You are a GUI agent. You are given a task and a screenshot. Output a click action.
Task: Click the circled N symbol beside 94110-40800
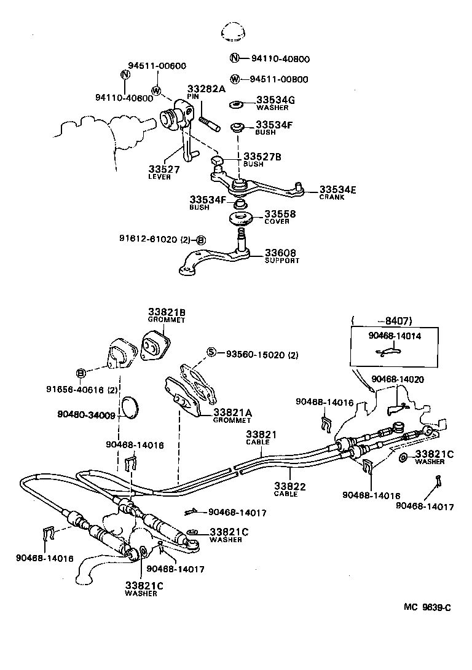pyautogui.click(x=235, y=59)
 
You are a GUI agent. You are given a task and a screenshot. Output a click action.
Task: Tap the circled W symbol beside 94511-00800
pyautogui.click(x=235, y=79)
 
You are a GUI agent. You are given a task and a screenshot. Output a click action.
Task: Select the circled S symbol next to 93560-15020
pyautogui.click(x=211, y=353)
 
